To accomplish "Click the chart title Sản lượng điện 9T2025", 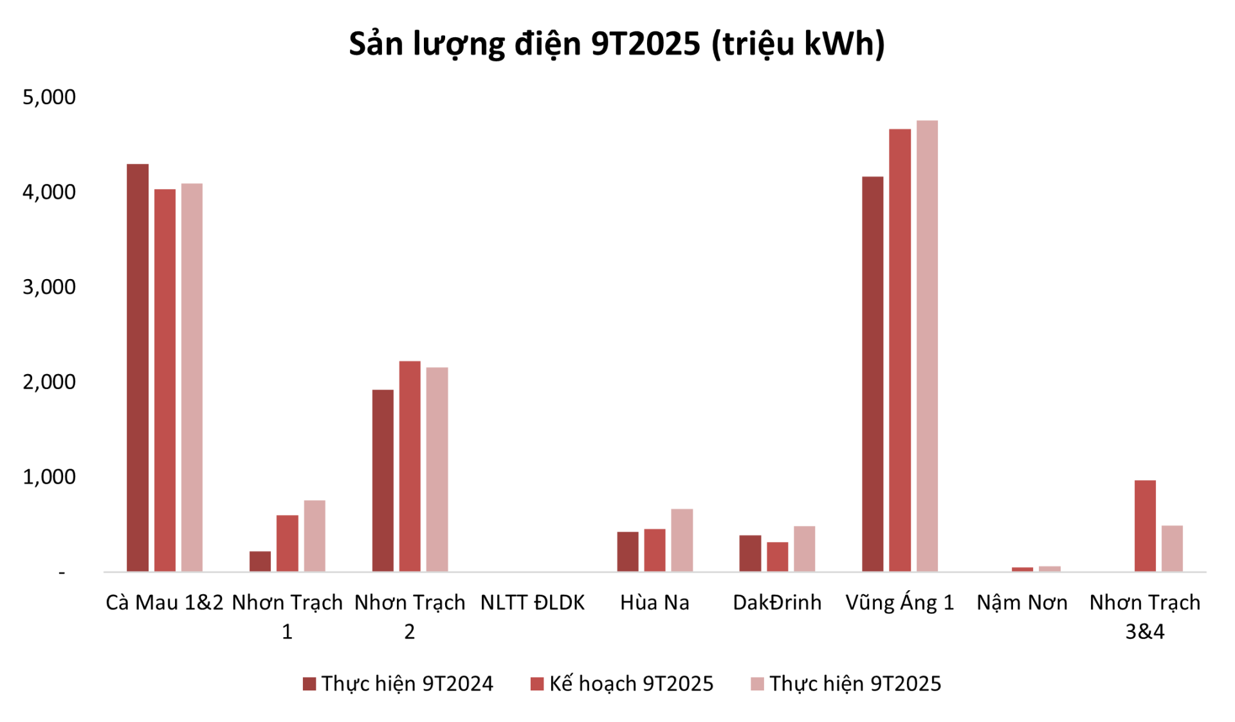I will (x=616, y=44).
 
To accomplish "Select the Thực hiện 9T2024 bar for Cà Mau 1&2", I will (x=138, y=368).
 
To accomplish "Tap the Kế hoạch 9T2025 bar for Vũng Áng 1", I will (x=899, y=350).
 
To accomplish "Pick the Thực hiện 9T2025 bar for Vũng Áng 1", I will (x=927, y=346).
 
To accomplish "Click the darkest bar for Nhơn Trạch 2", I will (x=383, y=480).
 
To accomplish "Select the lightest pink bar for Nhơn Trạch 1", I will (x=315, y=536).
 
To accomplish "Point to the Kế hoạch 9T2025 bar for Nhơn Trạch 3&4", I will (x=1145, y=525).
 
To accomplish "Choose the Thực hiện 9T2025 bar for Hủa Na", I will (x=682, y=540).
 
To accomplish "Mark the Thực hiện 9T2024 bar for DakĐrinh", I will (x=750, y=553).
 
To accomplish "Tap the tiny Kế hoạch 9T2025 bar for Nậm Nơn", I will (x=1022, y=569).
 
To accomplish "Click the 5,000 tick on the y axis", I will (x=49, y=97).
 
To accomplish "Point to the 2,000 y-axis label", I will (x=49, y=382).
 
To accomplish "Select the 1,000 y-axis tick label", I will (x=49, y=476).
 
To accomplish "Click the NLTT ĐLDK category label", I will (x=533, y=602).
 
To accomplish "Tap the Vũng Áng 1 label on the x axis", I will (x=899, y=602).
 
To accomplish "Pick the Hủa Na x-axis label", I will (x=654, y=602).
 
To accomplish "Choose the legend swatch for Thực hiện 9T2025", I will (x=757, y=683).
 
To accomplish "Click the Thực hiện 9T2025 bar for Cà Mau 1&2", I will (x=192, y=377).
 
